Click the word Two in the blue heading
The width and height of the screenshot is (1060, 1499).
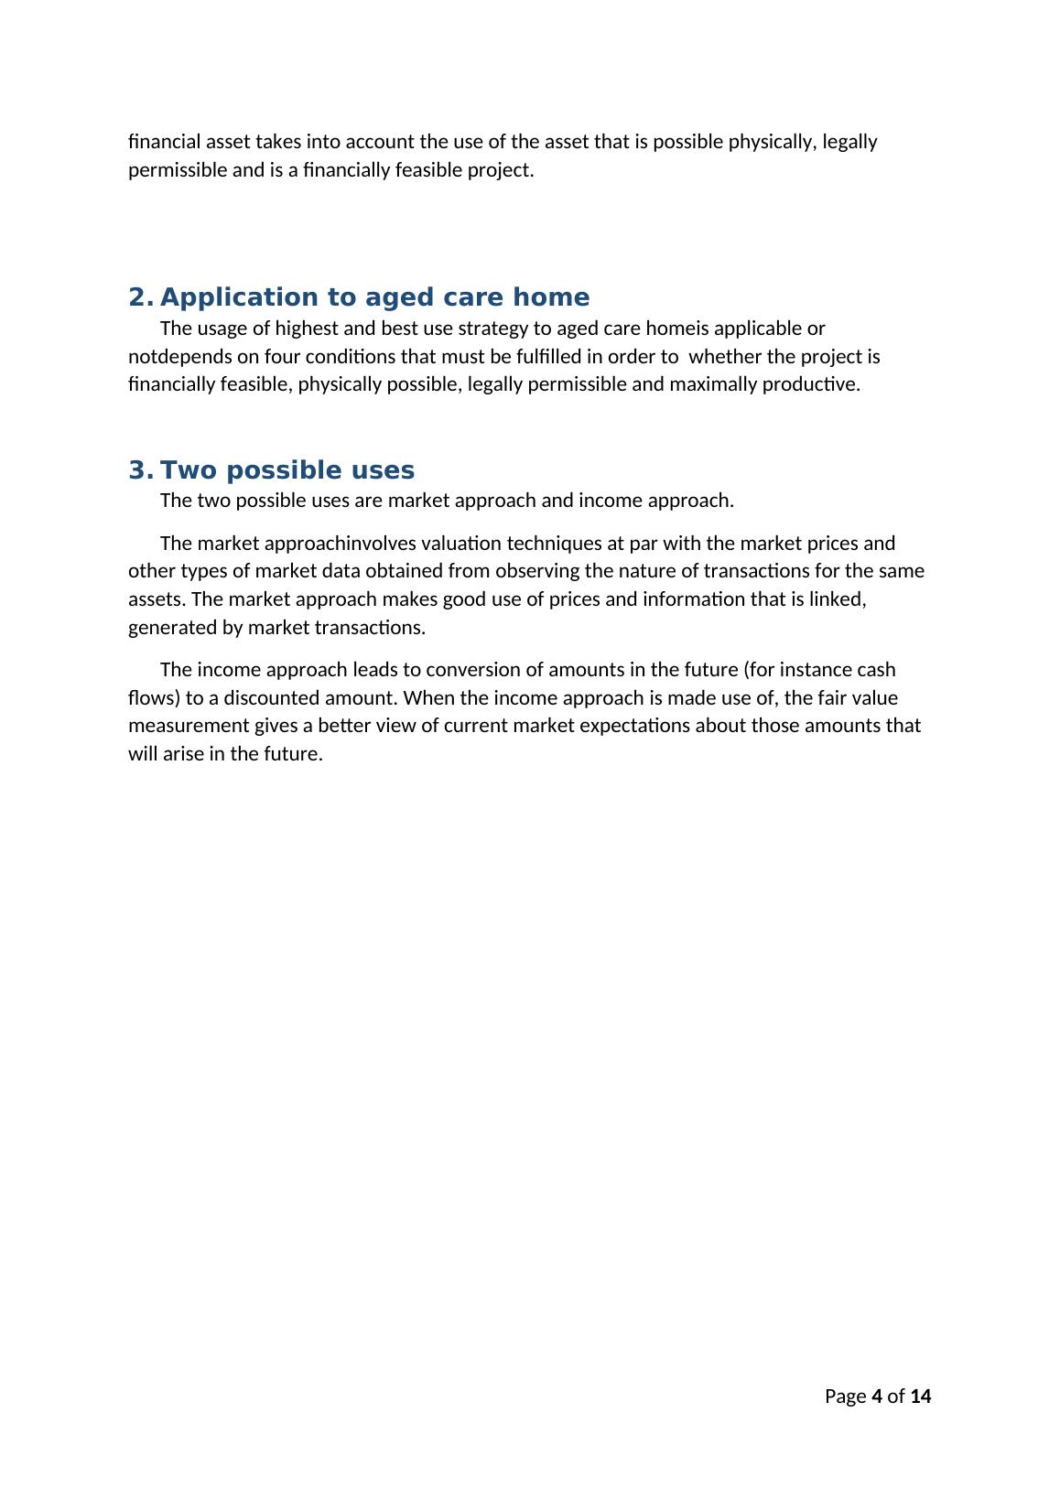pyautogui.click(x=188, y=471)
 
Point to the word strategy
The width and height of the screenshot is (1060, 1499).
pyautogui.click(x=492, y=329)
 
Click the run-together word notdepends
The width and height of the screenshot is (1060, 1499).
pyautogui.click(x=180, y=356)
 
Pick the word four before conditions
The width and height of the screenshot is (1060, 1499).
pyautogui.click(x=285, y=356)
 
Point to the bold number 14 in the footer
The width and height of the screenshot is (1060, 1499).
pyautogui.click(x=921, y=1397)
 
